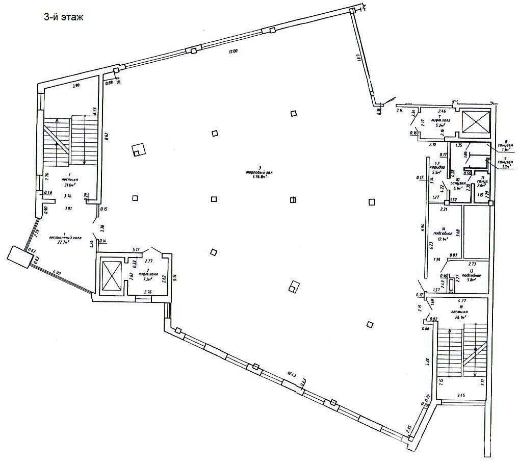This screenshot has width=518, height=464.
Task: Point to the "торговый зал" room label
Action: [x=260, y=173]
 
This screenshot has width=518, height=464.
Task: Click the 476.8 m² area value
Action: [x=260, y=178]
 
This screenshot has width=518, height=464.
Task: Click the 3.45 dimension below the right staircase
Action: [x=461, y=395]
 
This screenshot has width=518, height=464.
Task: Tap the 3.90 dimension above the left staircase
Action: [x=76, y=86]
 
